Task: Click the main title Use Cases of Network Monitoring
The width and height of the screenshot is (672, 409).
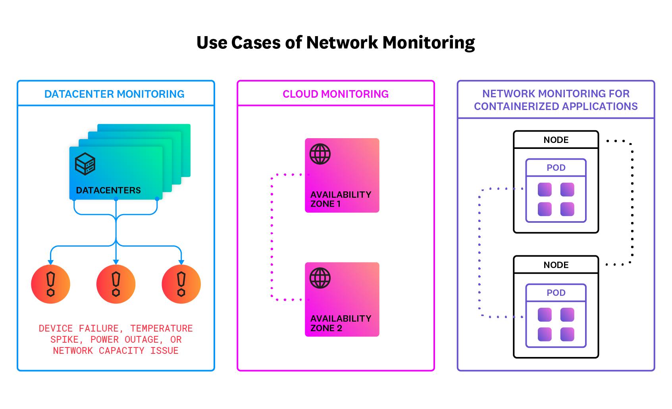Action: pos(335,42)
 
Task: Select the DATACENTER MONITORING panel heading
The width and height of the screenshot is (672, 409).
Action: pos(114,94)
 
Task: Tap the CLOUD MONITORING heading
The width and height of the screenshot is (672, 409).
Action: pos(335,94)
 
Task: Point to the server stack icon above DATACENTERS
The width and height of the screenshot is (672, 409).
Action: pos(85,164)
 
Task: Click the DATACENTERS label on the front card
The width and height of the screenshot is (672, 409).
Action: pos(108,190)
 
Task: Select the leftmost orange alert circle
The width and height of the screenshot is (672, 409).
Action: pos(50,284)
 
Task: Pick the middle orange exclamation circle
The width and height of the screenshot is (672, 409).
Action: pos(116,284)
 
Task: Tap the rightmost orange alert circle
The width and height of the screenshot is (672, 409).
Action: pos(181,284)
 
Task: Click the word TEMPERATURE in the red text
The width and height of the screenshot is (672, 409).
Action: pos(161,328)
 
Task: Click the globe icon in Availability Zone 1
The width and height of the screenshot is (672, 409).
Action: pos(320,154)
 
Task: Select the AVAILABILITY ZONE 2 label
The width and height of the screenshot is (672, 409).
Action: pos(341,323)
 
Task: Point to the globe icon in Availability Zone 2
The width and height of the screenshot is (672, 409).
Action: pos(320,278)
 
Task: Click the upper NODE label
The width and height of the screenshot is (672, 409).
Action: pos(556,140)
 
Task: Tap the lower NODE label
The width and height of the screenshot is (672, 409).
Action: pos(556,265)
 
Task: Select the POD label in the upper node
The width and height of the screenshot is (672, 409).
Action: pos(556,168)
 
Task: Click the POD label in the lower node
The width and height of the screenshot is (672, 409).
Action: pos(556,293)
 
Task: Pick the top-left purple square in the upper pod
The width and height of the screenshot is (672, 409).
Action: pos(545,189)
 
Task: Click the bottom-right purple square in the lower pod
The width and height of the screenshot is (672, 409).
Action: pos(567,334)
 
